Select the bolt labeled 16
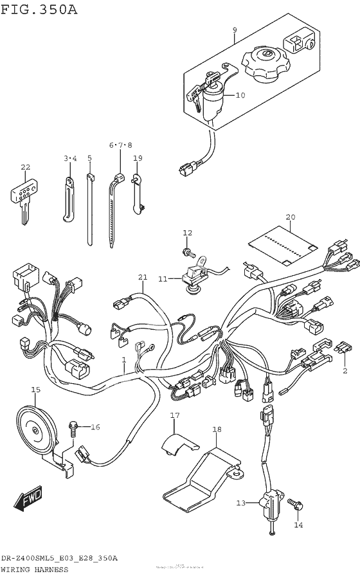point(73,426)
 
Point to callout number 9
point(234,30)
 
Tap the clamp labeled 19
point(137,191)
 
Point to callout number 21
point(142,277)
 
